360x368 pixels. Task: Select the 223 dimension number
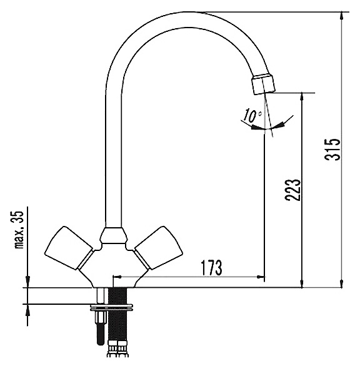293,190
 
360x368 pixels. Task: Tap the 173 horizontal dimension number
211,268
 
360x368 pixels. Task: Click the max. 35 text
20,229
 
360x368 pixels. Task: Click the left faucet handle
69,248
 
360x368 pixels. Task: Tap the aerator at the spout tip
264,84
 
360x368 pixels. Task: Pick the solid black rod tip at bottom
100,335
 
